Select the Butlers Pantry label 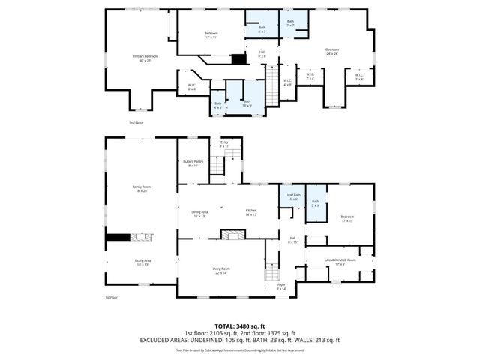[x=193, y=163]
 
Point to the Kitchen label [x=251, y=212]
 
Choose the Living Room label [x=220, y=270]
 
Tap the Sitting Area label [x=142, y=262]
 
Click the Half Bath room [x=293, y=197]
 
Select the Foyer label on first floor [x=281, y=286]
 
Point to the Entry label [x=223, y=144]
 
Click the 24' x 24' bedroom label [x=332, y=51]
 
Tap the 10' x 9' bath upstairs [x=247, y=103]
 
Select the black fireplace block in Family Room [x=117, y=238]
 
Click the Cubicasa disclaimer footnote [x=240, y=349]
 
